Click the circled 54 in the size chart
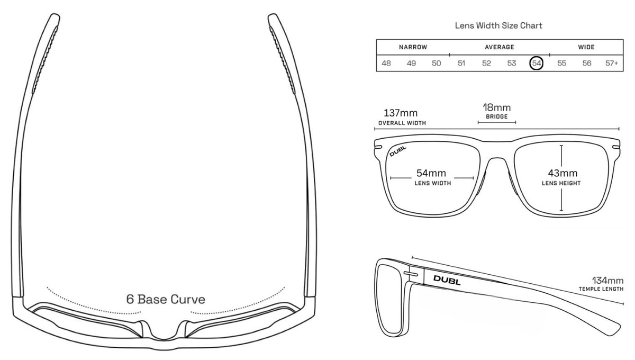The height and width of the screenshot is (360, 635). pyautogui.click(x=537, y=63)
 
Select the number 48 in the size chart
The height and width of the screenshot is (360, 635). pyautogui.click(x=386, y=63)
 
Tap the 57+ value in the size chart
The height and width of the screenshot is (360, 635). pyautogui.click(x=612, y=63)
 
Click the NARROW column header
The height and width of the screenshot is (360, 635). pyautogui.click(x=413, y=47)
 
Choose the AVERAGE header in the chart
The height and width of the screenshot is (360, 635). pyautogui.click(x=499, y=47)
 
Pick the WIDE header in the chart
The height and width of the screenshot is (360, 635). pyautogui.click(x=586, y=47)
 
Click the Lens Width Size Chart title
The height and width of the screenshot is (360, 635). pyautogui.click(x=498, y=25)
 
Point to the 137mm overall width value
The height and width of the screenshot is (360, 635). pyautogui.click(x=401, y=113)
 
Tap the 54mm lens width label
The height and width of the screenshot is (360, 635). pyautogui.click(x=431, y=173)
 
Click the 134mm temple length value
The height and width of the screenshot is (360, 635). pyautogui.click(x=608, y=280)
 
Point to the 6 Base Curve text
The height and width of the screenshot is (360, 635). pyautogui.click(x=165, y=299)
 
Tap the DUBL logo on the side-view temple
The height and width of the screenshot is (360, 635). pyautogui.click(x=447, y=280)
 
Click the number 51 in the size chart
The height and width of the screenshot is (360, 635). pyautogui.click(x=461, y=63)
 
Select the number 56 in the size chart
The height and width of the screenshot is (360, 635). pyautogui.click(x=586, y=63)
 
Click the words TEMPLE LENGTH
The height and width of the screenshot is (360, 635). pyautogui.click(x=601, y=289)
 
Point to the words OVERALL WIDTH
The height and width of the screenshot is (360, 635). pyautogui.click(x=402, y=123)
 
